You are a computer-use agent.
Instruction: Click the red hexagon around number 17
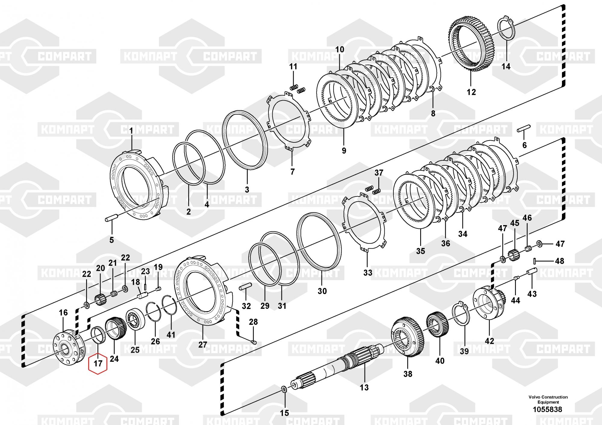point(98,363)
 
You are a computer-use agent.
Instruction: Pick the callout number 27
point(203,344)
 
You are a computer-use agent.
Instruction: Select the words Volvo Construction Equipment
point(548,399)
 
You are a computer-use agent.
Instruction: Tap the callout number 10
point(340,49)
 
